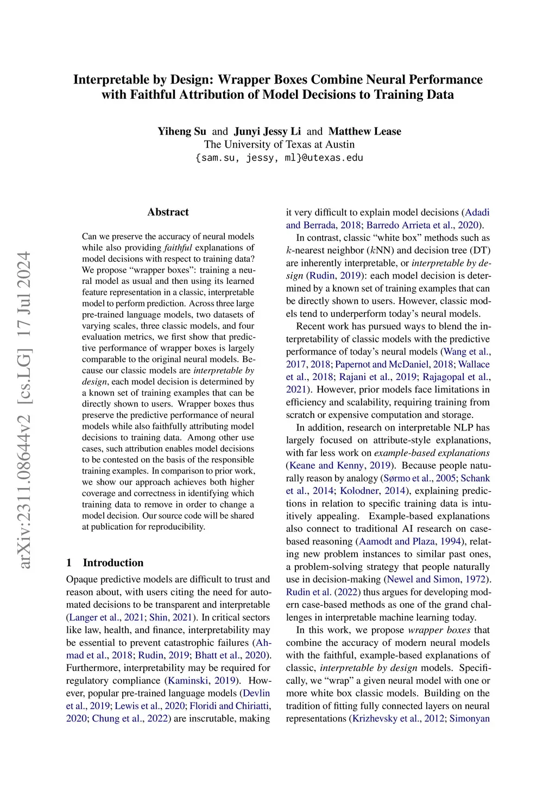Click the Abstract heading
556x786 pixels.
click(x=168, y=212)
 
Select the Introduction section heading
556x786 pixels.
click(x=113, y=562)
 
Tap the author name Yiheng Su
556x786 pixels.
click(x=182, y=131)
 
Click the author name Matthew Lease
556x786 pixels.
click(x=365, y=131)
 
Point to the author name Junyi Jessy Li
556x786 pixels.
click(x=267, y=131)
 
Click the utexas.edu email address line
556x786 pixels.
click(x=279, y=158)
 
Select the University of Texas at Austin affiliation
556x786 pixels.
click(x=279, y=144)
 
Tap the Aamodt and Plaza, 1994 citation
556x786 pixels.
click(x=409, y=541)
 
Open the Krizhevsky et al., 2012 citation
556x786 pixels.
click(x=397, y=719)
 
